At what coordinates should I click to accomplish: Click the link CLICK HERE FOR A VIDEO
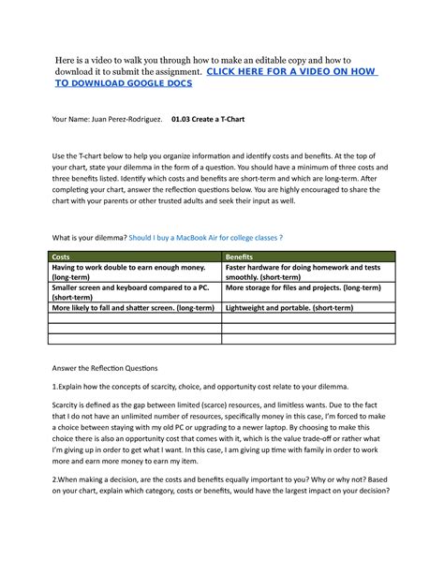click(290, 70)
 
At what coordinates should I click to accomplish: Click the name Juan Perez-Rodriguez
click(125, 119)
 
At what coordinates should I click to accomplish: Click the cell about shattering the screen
click(134, 306)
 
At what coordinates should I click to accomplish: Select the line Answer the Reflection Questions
click(105, 367)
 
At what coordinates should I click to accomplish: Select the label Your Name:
click(68, 119)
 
